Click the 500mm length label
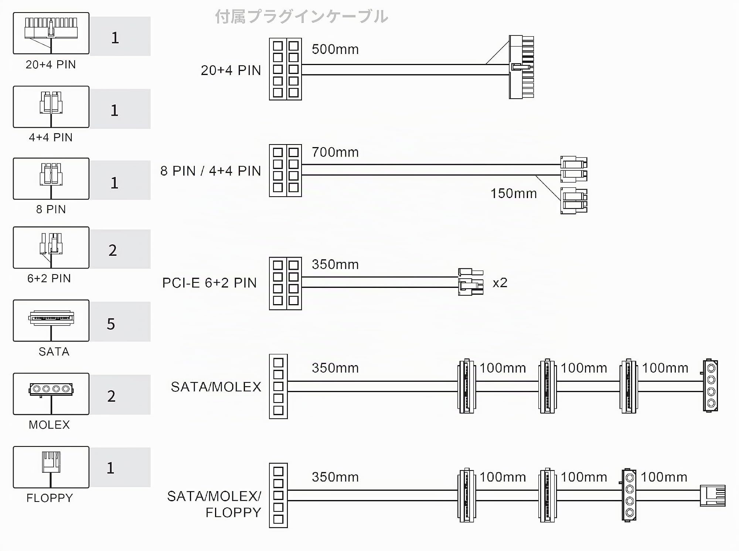coord(335,49)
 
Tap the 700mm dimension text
coord(335,152)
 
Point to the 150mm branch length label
coord(514,193)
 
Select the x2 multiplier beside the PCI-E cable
coord(500,283)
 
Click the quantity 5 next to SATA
coord(111,324)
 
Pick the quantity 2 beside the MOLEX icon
coord(111,396)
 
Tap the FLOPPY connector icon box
coord(51,467)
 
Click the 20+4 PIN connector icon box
coord(51,33)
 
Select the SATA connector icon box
coord(51,320)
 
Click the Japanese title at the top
coord(302,17)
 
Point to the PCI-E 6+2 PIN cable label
coord(210,283)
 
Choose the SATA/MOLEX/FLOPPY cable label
coord(214,504)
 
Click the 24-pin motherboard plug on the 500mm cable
coord(521,67)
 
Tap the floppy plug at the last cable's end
coord(713,496)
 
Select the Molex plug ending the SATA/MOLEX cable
coord(710,385)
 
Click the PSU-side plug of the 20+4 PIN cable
coord(285,69)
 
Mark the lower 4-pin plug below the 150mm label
coord(574,201)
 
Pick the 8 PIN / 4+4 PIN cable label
coord(211,171)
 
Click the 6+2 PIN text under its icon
coord(49,278)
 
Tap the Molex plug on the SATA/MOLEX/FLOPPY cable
coord(629,495)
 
